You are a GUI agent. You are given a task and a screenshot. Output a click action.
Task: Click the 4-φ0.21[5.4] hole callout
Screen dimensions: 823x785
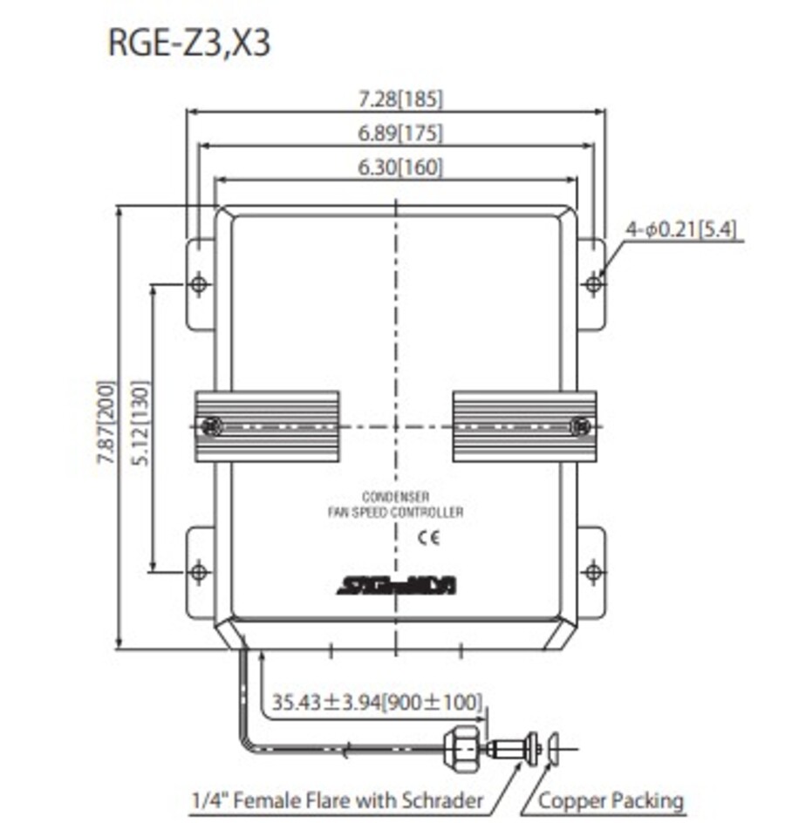point(681,230)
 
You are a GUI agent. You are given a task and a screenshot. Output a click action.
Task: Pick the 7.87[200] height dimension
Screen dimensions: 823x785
point(105,425)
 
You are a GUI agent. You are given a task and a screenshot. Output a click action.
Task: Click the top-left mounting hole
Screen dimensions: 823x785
point(199,284)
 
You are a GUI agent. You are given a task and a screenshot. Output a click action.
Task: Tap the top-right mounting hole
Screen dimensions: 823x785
point(594,283)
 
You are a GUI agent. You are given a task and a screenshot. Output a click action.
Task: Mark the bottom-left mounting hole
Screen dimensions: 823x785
point(199,572)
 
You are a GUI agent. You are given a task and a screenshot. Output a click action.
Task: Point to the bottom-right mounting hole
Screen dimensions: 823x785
point(594,572)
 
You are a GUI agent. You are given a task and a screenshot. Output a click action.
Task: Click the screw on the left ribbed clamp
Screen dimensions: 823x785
point(210,426)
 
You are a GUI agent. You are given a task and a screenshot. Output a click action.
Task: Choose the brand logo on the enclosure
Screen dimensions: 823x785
point(398,587)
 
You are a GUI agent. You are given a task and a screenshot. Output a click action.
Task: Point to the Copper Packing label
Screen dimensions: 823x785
point(611,800)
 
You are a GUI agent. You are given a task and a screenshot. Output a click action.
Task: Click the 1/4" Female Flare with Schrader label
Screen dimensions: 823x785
point(337,800)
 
